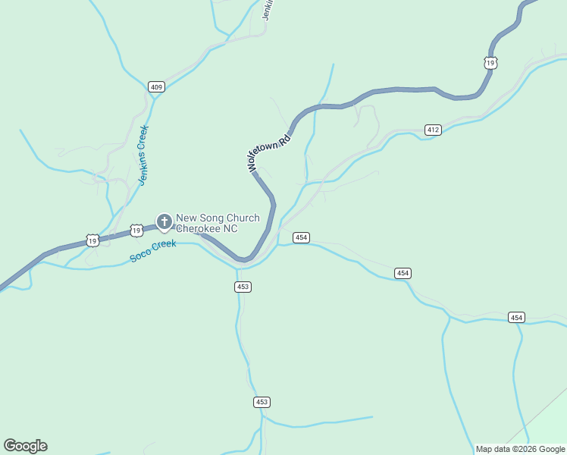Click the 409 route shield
click(156, 87)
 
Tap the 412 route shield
click(433, 130)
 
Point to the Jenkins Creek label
click(142, 155)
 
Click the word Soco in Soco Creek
click(140, 254)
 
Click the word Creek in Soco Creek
click(164, 245)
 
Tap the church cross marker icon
click(164, 221)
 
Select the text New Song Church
click(218, 218)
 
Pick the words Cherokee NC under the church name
click(206, 228)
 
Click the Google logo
click(25, 446)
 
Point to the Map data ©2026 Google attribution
click(520, 449)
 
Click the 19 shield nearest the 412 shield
click(491, 62)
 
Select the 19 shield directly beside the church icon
click(136, 229)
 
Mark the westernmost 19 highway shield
click(92, 240)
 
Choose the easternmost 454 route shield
click(516, 317)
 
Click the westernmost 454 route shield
click(301, 237)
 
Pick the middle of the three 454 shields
click(403, 273)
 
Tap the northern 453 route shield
click(243, 287)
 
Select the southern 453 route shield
click(262, 402)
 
